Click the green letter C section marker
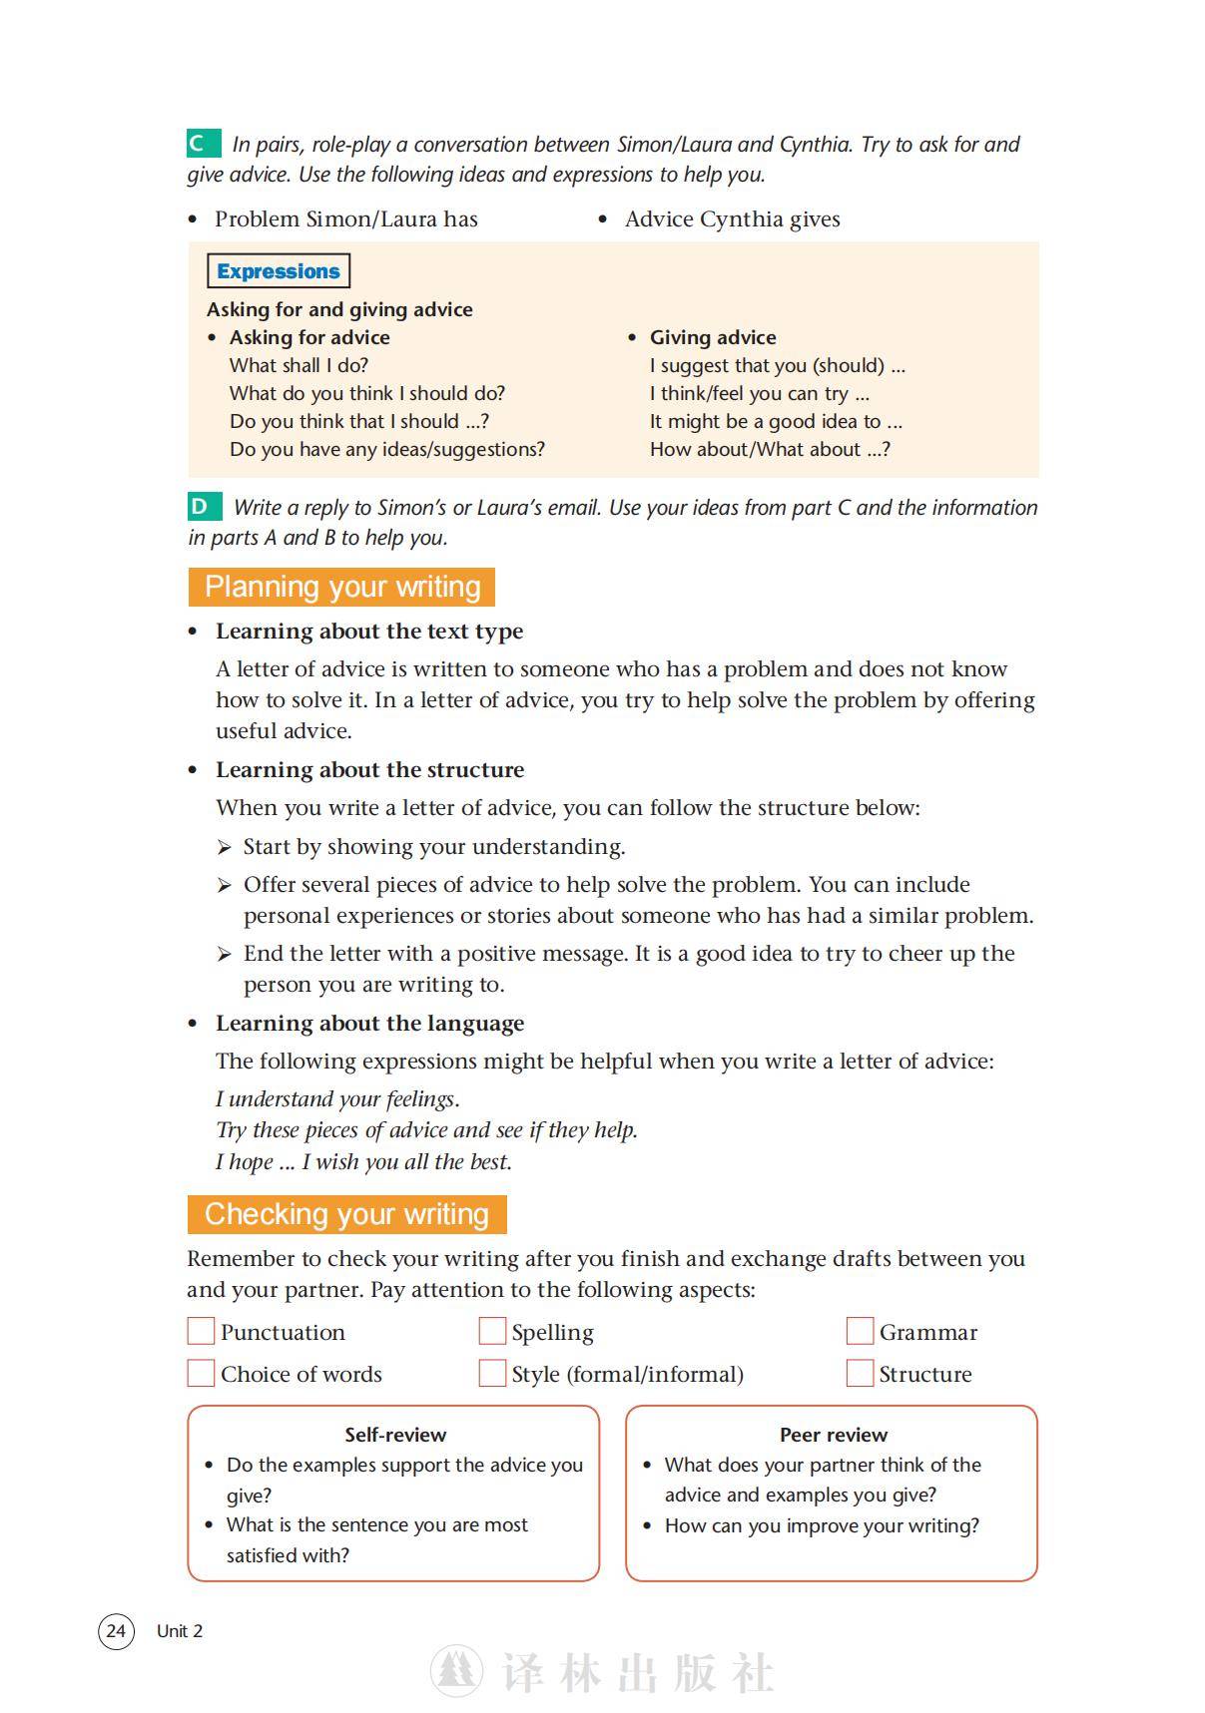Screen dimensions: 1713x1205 [204, 144]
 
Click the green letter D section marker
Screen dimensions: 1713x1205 [204, 507]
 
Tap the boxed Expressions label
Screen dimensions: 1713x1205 [279, 271]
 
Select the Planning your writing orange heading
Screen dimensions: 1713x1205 [341, 587]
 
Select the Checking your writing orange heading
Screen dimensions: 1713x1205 [346, 1214]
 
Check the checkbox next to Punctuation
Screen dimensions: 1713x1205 [201, 1331]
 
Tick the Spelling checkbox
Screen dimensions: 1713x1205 [492, 1331]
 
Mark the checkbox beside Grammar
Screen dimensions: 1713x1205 [860, 1331]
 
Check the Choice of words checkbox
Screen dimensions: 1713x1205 [201, 1373]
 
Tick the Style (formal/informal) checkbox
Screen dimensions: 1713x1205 [492, 1373]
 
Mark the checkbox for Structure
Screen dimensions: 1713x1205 [860, 1373]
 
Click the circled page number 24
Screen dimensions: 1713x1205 [116, 1631]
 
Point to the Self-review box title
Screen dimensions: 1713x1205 [395, 1435]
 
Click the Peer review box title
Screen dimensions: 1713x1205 [833, 1435]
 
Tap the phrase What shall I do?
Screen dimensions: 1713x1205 [299, 365]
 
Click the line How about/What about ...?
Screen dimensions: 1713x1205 [770, 449]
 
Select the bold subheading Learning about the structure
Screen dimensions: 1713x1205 [369, 769]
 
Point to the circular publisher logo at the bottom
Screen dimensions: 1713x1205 [456, 1671]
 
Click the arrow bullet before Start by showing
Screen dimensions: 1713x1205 [225, 847]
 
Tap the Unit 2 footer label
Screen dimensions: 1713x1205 [180, 1631]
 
